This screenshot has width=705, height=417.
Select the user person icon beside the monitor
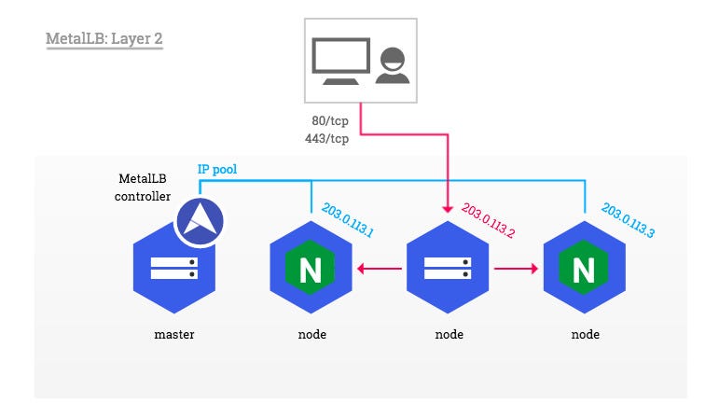click(x=393, y=63)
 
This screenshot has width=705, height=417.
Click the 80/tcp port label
click(x=330, y=122)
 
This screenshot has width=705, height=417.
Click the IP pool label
click(x=218, y=170)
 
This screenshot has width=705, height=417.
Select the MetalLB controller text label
click(x=143, y=187)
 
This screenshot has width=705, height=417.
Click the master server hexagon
click(x=174, y=269)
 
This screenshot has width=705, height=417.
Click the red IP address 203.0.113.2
click(x=485, y=221)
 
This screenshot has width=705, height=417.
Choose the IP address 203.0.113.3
click(x=627, y=221)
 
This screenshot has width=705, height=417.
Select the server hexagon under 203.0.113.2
click(x=447, y=269)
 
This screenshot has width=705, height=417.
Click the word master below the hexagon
click(x=174, y=334)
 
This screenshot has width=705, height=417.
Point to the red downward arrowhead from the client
click(x=448, y=205)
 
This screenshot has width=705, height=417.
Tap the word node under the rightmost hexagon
click(x=584, y=334)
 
